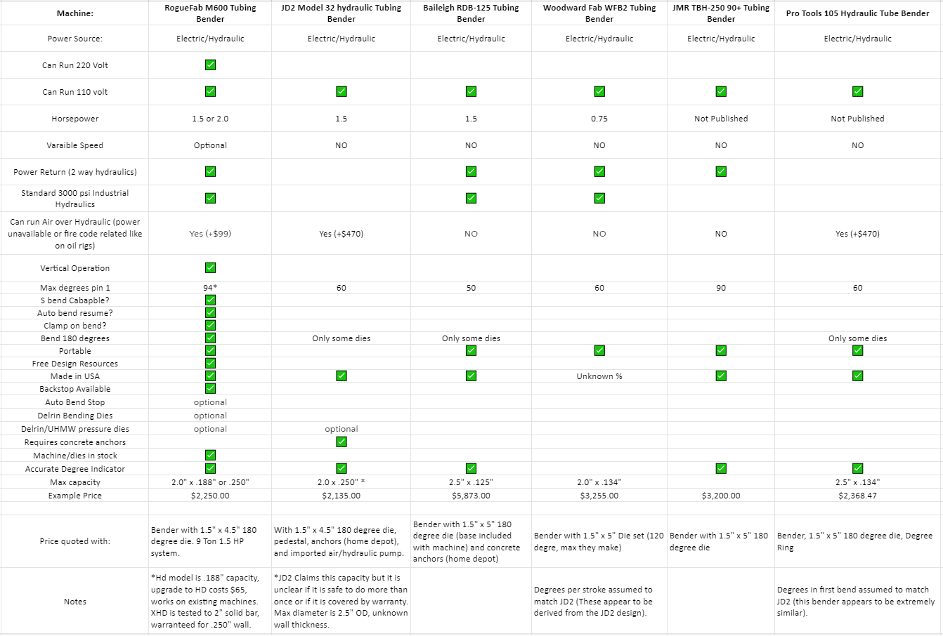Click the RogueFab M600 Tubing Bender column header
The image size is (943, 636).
(x=210, y=13)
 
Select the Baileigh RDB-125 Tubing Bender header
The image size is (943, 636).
(x=471, y=13)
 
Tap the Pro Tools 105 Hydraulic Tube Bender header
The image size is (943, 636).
(x=857, y=13)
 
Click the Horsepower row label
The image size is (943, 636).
(x=75, y=119)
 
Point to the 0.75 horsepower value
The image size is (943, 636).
(x=599, y=119)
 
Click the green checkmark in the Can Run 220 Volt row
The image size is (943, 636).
(x=210, y=65)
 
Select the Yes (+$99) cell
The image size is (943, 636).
(x=210, y=234)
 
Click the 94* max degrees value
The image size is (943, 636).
(x=210, y=288)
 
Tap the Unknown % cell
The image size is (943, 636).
(x=599, y=376)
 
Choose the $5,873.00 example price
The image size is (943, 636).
(x=471, y=496)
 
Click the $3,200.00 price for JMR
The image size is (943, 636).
(x=721, y=496)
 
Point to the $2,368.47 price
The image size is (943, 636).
(x=857, y=496)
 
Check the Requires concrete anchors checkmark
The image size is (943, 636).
(x=341, y=442)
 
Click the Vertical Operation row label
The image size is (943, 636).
(x=75, y=268)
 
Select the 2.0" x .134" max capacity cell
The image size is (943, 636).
(x=599, y=482)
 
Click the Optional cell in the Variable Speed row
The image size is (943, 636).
(x=210, y=145)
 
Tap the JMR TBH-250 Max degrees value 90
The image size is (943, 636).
(x=721, y=288)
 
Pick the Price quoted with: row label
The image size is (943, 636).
(x=75, y=541)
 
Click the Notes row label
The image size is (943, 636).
(x=75, y=602)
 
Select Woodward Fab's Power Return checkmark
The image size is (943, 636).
(x=599, y=172)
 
